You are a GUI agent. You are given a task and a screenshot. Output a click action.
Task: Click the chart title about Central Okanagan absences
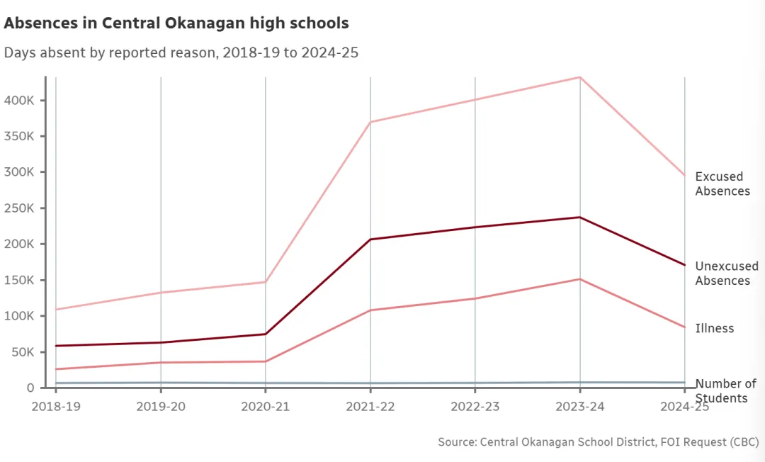click(x=176, y=23)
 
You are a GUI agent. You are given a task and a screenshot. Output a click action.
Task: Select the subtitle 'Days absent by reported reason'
click(x=181, y=53)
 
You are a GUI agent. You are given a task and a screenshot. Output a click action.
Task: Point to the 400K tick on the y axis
click(x=20, y=101)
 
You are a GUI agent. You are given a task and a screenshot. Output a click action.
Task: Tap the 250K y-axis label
click(x=20, y=208)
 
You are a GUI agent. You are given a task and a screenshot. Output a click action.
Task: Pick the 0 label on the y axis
click(x=30, y=388)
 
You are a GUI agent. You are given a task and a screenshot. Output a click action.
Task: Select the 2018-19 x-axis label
click(x=56, y=406)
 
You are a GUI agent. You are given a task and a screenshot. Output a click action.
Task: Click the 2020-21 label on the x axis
click(x=266, y=406)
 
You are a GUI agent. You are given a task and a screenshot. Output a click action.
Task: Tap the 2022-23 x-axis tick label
click(x=475, y=406)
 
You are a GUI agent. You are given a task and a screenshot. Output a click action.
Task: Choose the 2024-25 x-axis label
click(x=684, y=406)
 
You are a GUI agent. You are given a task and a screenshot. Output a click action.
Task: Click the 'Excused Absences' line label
click(x=722, y=184)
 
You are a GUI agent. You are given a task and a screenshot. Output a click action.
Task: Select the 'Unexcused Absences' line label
click(x=726, y=274)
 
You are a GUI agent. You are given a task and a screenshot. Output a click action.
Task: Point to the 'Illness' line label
click(x=714, y=328)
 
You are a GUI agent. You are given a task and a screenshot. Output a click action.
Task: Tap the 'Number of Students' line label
click(x=725, y=390)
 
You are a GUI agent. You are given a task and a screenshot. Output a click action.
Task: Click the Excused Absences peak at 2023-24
click(x=580, y=77)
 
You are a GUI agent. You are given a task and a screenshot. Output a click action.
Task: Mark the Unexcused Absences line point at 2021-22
click(x=370, y=240)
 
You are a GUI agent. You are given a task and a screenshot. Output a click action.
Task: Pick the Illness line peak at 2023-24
click(x=580, y=279)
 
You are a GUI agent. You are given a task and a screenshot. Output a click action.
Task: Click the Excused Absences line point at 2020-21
click(x=266, y=282)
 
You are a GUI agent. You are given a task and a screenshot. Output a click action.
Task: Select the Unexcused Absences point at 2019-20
click(x=161, y=342)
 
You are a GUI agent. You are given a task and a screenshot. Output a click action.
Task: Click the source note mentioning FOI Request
click(x=598, y=442)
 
